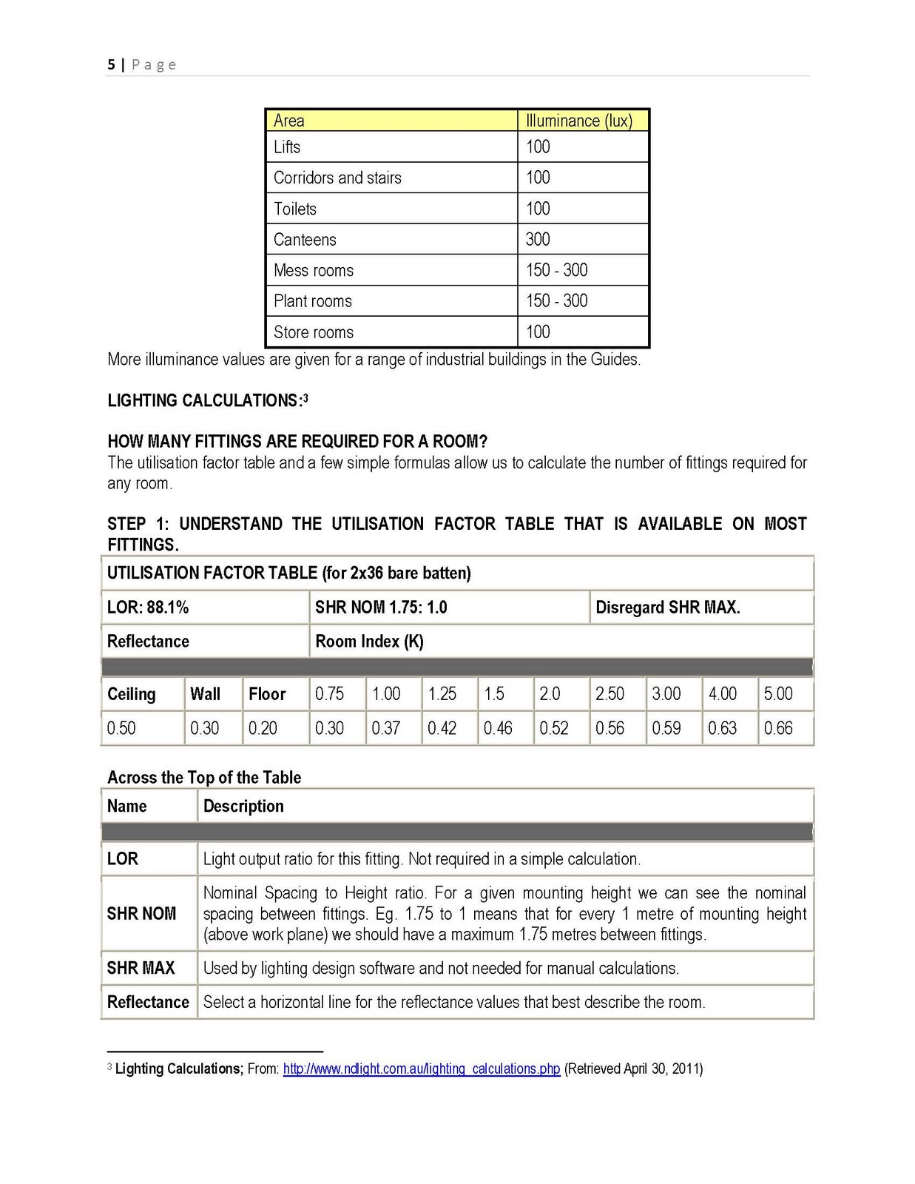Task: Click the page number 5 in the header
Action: point(111,64)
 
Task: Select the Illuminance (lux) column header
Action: point(578,121)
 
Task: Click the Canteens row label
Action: point(305,240)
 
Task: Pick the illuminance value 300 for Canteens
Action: point(538,240)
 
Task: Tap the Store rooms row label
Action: point(314,332)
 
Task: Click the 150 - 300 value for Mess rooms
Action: point(556,270)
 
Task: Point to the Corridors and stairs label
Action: point(337,178)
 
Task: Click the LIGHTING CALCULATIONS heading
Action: point(205,401)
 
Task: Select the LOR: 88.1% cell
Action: point(148,608)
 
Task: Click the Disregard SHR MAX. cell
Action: point(667,608)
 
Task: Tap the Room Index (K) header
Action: point(369,642)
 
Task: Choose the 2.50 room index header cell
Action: point(610,694)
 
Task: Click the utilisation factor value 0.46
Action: point(498,728)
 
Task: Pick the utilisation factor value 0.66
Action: point(778,728)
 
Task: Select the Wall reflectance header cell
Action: point(205,694)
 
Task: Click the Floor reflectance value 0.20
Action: point(263,728)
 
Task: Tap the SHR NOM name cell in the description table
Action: point(141,914)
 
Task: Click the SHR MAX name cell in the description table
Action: point(141,968)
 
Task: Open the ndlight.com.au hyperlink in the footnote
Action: point(421,1069)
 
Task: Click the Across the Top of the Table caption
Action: point(204,778)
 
